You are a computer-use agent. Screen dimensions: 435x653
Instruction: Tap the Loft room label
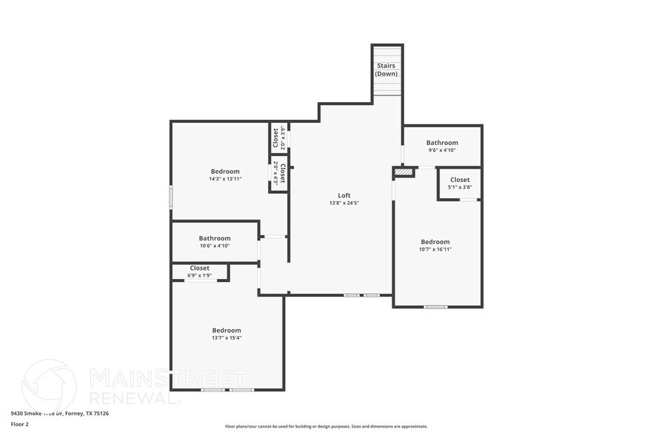(344, 195)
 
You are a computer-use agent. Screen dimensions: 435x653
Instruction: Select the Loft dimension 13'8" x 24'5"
(344, 203)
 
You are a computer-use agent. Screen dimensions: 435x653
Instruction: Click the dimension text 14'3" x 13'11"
(225, 179)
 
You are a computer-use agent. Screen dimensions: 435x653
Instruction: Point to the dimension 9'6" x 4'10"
(442, 150)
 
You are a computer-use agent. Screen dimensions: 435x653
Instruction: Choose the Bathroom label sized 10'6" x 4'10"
(214, 238)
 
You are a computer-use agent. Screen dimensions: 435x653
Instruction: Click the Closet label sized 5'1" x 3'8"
(460, 180)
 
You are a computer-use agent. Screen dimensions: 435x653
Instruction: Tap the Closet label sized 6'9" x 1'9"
(200, 268)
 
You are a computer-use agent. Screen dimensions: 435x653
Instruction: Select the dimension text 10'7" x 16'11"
(435, 249)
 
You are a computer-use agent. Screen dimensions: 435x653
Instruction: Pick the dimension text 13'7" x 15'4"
(227, 338)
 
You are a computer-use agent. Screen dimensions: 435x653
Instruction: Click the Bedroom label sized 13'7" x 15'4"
(227, 330)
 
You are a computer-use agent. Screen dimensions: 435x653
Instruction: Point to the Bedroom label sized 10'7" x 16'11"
(435, 242)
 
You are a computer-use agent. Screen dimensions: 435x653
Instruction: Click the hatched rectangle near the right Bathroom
(403, 172)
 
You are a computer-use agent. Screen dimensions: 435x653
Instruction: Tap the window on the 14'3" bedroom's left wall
(171, 197)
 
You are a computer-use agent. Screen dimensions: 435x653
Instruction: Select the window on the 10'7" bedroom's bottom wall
(435, 306)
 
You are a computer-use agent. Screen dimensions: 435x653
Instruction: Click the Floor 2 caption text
(20, 425)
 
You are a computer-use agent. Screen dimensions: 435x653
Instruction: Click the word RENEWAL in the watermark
(133, 397)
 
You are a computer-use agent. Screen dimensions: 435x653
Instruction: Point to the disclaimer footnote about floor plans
(326, 426)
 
